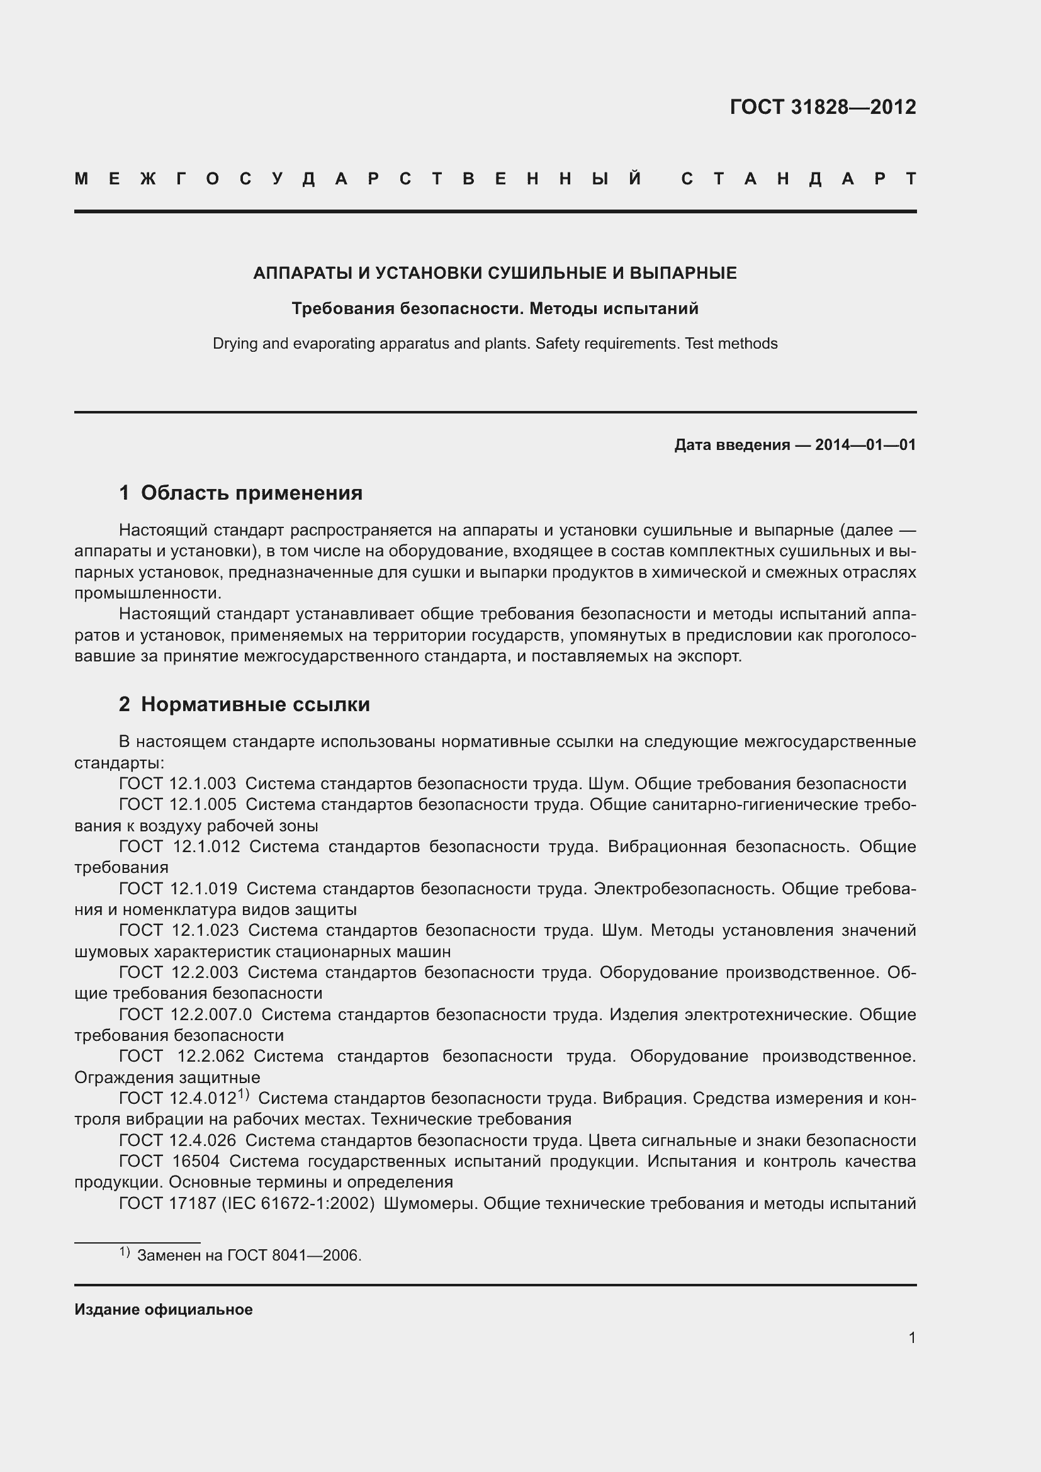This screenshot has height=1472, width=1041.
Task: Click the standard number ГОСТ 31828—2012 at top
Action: point(823,107)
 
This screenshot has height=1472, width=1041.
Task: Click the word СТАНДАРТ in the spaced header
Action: point(798,179)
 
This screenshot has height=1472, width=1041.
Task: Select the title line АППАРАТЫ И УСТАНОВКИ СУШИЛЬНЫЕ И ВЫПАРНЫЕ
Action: point(495,273)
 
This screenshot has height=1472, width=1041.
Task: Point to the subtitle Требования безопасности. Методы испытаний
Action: point(495,309)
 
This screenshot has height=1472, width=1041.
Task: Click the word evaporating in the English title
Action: point(333,344)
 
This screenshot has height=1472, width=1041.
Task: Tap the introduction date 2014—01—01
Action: point(865,445)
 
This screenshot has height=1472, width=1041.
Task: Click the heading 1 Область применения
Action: point(240,493)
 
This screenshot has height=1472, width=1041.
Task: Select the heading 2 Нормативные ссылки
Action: point(244,705)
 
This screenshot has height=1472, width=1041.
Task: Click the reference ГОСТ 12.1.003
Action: point(177,784)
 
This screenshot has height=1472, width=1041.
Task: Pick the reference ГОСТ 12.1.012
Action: point(179,846)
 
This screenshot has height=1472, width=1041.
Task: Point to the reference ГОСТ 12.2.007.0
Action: point(185,1014)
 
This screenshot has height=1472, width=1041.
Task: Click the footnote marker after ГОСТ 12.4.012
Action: point(244,1094)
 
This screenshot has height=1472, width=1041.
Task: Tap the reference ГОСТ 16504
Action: point(169,1161)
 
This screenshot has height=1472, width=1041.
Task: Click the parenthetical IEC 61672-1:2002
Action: point(298,1203)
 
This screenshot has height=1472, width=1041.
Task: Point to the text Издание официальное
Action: point(164,1310)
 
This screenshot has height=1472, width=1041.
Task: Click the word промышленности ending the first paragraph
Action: point(147,593)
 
